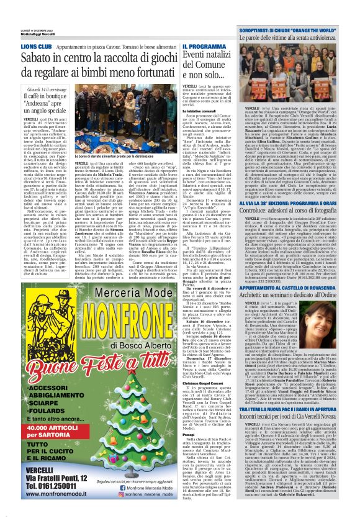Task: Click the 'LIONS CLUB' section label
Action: tap(36, 47)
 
